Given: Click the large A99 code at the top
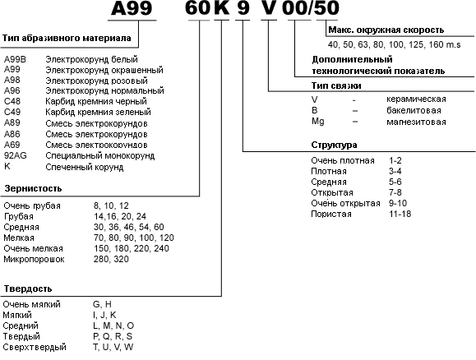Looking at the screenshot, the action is coord(132,7).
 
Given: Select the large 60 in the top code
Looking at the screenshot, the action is coord(197,7).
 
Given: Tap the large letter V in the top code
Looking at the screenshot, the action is coord(270,7).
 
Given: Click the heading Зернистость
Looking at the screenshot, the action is coord(33,188).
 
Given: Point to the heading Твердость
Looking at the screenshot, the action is coord(28,288).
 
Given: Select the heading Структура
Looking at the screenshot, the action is coord(334,145).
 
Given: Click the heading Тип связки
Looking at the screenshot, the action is coord(336,85).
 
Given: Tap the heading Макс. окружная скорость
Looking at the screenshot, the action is coord(386,30).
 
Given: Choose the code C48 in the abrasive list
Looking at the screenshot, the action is coord(12,101).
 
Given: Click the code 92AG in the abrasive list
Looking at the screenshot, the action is coord(16,155).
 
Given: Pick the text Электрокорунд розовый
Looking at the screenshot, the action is coord(96,81).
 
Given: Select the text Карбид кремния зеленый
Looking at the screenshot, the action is coord(98,112).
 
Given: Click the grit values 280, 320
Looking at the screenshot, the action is coord(111,259).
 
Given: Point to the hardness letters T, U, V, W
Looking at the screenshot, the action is coord(113,347).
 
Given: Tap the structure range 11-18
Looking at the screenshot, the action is coord(400,214).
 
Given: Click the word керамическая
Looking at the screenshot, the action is coord(416,99).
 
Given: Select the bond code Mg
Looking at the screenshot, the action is coord(318,122).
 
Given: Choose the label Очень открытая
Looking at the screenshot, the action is coord(345,203).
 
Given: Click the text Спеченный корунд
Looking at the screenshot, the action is coord(85,167).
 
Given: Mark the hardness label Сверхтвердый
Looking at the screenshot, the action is coord(35,347).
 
